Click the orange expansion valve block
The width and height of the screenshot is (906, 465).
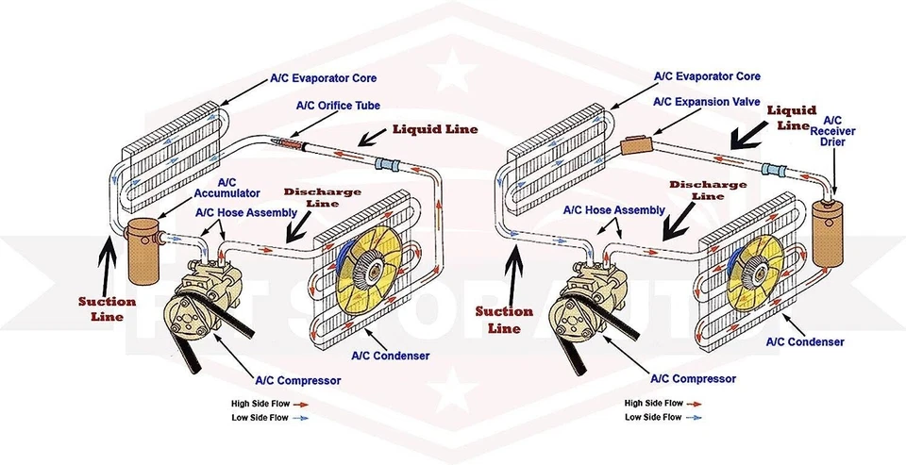[x=636, y=144]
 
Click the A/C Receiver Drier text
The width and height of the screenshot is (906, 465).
[x=833, y=132]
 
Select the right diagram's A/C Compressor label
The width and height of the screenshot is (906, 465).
[x=693, y=378]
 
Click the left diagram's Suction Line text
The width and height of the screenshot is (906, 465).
[x=106, y=308]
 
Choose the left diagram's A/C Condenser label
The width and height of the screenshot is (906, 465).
[x=390, y=356]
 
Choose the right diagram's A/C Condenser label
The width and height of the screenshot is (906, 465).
[x=804, y=341]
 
